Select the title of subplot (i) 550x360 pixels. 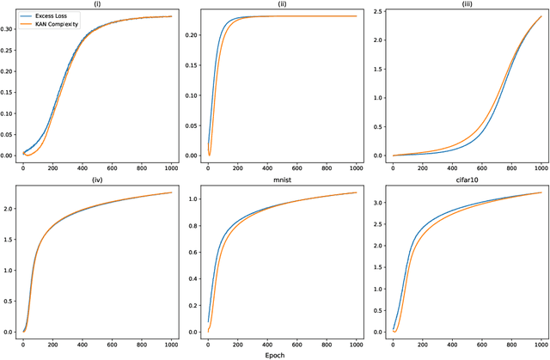[x=98, y=5]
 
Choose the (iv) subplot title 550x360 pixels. [x=98, y=179]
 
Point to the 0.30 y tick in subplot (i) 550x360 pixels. [x=9, y=28]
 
